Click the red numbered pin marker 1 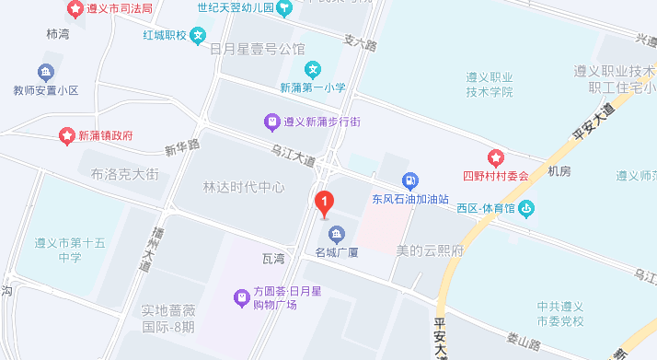(x=324, y=202)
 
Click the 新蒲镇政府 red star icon (x=67, y=135)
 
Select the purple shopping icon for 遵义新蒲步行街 (x=271, y=121)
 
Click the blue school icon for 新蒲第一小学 (x=313, y=69)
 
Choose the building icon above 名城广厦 (x=336, y=231)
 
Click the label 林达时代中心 (x=244, y=187)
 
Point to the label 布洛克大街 (x=125, y=172)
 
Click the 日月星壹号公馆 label (x=258, y=48)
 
